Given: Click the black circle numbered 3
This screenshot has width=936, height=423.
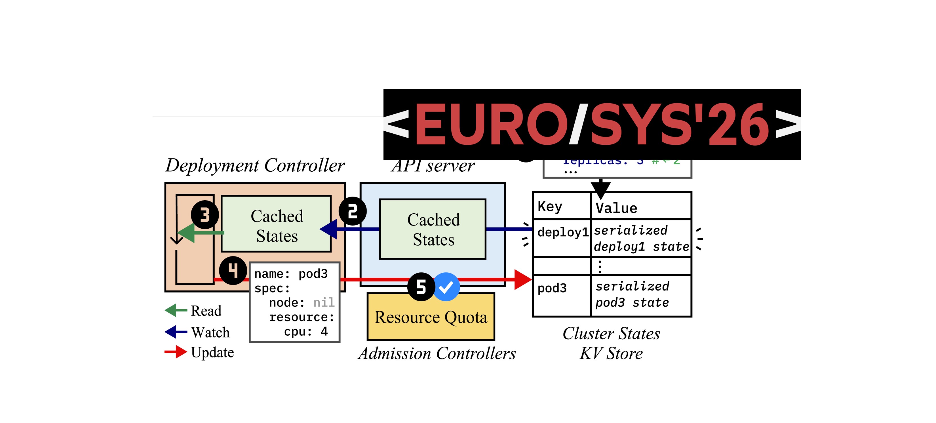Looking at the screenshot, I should click(205, 215).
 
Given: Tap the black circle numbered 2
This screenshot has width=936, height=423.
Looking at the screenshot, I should click(353, 211).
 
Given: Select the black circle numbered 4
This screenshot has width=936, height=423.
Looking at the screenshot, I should click(233, 270).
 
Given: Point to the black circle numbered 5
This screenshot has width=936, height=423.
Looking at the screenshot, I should click(421, 287).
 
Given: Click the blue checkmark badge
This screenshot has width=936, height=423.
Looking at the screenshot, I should click(446, 287).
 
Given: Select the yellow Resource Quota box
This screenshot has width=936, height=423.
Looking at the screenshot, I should click(431, 317).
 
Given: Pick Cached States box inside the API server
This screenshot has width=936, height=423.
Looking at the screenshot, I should click(433, 229).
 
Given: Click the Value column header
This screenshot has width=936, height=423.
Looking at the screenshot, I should click(616, 208).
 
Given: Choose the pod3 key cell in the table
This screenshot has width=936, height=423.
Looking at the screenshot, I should click(552, 288).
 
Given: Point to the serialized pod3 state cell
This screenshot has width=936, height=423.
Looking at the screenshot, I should click(632, 294).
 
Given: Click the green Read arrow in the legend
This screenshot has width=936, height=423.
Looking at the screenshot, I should click(176, 310).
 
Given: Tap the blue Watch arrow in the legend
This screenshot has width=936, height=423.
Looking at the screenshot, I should click(176, 332).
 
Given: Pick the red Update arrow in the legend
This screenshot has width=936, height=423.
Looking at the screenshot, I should click(176, 352).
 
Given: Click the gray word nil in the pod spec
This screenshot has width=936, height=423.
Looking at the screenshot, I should click(323, 302).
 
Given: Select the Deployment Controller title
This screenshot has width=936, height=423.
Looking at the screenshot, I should click(255, 165).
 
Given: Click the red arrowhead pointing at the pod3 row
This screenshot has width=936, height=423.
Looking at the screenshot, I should click(522, 279).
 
